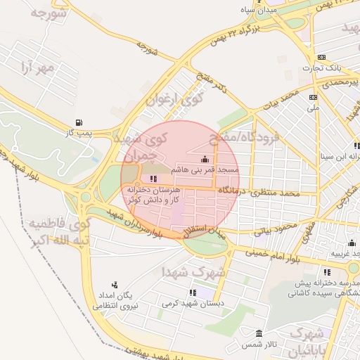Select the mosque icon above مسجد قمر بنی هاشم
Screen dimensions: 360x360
205,160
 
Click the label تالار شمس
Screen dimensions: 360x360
259,344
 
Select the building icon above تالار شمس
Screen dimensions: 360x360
259,333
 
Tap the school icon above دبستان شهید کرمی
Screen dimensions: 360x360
193,292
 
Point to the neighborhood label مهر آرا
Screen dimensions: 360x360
37,68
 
